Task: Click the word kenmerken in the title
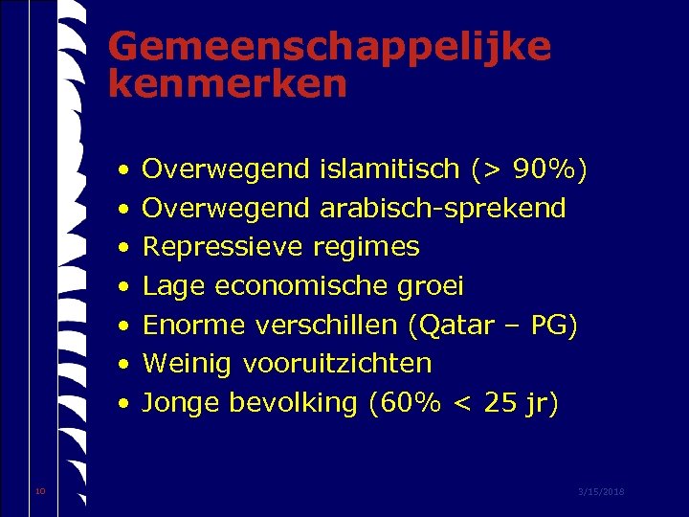(227, 85)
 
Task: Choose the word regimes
(367, 248)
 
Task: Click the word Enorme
(194, 326)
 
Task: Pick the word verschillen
(326, 326)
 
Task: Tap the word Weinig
(189, 364)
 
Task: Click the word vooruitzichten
(338, 364)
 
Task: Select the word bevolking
(293, 403)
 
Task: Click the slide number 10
(39, 491)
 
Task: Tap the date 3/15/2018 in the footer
(601, 491)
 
